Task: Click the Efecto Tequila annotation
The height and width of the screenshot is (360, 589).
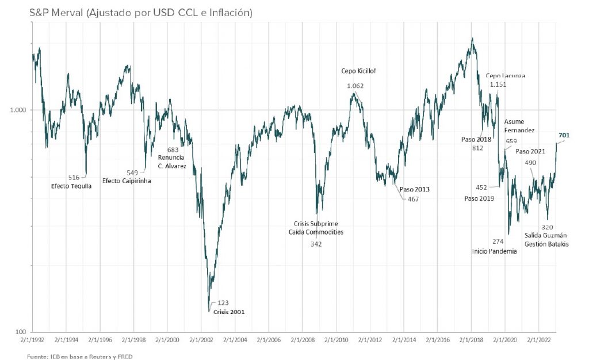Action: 71,185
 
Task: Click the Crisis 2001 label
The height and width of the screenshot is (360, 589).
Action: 230,312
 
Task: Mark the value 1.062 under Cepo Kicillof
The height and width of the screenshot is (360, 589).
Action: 356,86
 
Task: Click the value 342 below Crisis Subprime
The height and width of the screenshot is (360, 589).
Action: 316,244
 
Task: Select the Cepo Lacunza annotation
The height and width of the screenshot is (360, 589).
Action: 506,75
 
